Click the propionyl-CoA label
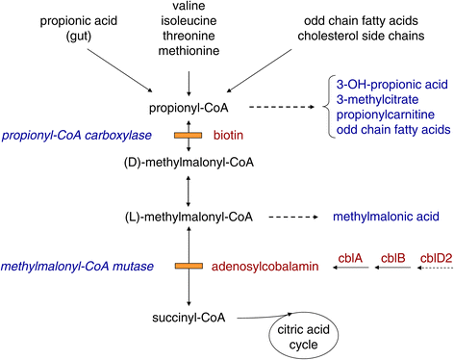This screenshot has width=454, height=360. point(190,112)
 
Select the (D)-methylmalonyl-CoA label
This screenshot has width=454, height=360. point(190,164)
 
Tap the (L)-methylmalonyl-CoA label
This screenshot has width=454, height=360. point(190,217)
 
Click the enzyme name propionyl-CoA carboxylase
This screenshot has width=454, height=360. point(81,138)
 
